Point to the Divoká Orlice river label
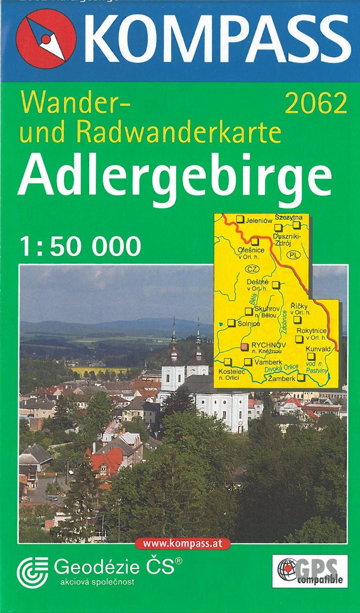click(x=281, y=367)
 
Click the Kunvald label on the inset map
click(x=318, y=349)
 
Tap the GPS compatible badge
click(x=310, y=570)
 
